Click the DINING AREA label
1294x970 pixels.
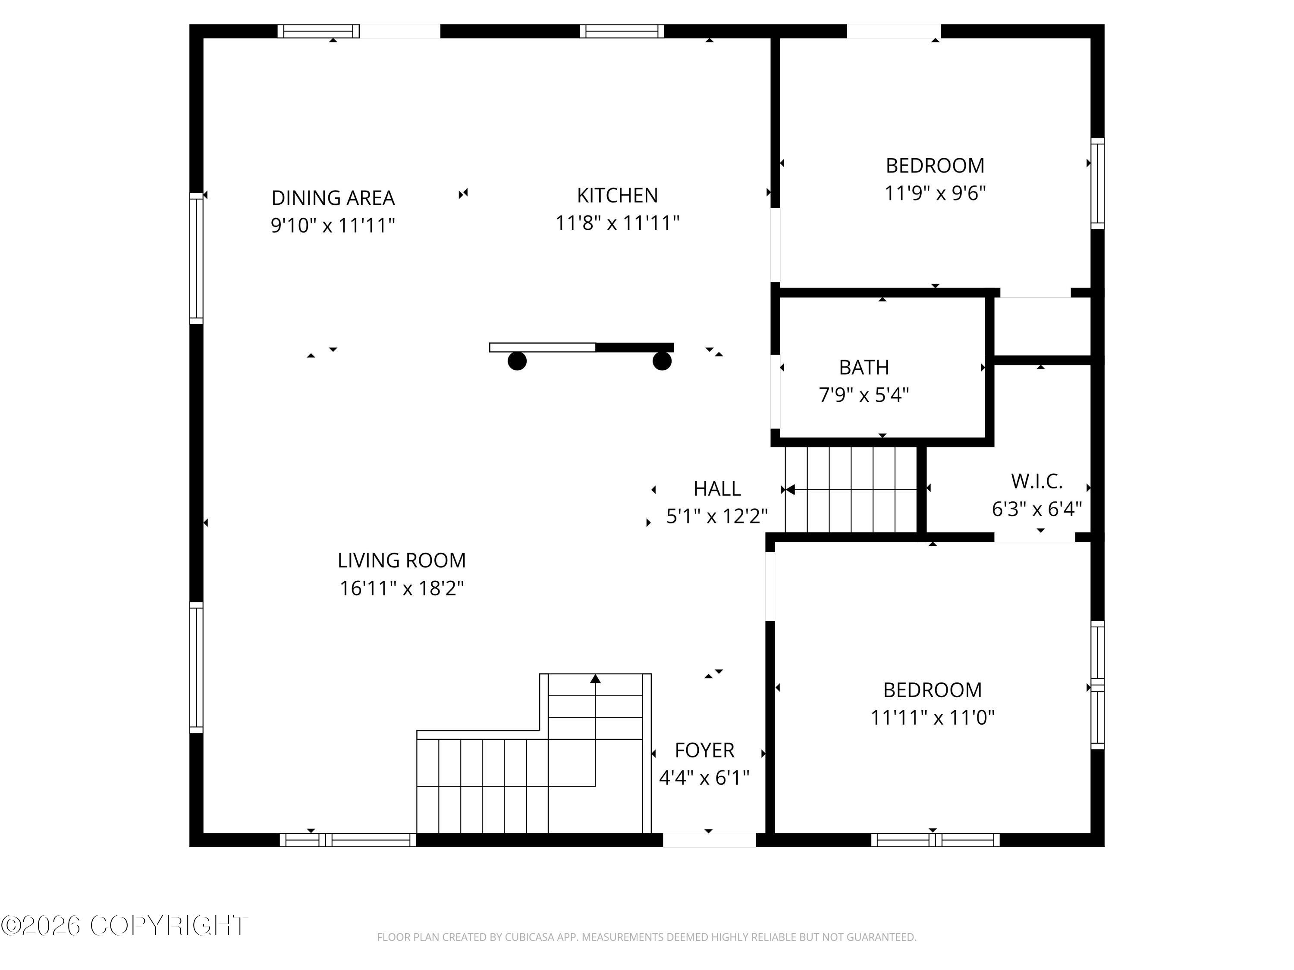coord(333,197)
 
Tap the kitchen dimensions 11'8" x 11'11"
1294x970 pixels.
coord(617,223)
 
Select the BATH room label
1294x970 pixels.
coord(864,367)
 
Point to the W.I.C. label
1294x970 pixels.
coord(1036,481)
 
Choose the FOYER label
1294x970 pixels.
coord(704,750)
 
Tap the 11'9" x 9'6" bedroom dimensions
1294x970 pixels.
coord(935,193)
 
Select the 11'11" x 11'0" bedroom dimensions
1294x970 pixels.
coord(933,717)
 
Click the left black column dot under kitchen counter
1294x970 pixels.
coord(517,361)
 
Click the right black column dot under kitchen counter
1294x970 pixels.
coord(662,361)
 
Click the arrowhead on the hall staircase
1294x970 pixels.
coord(790,489)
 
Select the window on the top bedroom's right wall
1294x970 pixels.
coord(1097,183)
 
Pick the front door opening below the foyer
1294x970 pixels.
coord(709,840)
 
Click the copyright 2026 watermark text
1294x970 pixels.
coord(124,926)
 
